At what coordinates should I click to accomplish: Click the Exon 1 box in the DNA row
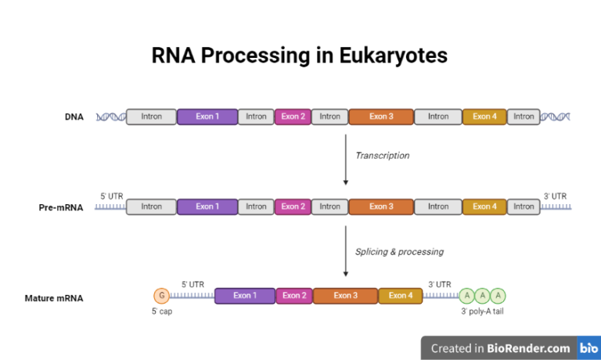(x=207, y=117)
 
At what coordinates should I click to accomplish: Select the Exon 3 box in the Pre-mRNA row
(x=381, y=207)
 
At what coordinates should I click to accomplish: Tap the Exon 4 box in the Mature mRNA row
(x=401, y=296)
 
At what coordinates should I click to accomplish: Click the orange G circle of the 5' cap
(x=162, y=296)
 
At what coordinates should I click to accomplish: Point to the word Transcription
(x=382, y=155)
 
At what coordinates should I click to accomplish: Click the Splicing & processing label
(x=399, y=251)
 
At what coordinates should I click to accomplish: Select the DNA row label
(x=74, y=117)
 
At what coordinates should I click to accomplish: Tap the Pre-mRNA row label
(x=61, y=207)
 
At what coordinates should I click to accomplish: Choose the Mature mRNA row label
(x=54, y=298)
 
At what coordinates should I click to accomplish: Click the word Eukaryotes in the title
(x=394, y=56)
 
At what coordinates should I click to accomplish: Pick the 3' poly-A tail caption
(x=482, y=311)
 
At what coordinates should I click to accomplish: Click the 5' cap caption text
(x=162, y=311)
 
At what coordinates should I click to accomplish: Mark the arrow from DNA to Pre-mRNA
(x=346, y=160)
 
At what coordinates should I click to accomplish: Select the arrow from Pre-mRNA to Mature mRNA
(x=346, y=250)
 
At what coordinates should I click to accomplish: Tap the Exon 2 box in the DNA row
(x=293, y=117)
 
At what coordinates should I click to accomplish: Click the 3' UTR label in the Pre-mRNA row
(x=555, y=196)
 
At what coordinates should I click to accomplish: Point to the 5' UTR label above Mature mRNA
(x=193, y=284)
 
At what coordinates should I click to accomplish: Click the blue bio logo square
(x=588, y=348)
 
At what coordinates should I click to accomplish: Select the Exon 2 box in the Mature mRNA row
(x=294, y=296)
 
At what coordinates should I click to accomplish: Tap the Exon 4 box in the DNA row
(x=484, y=117)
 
